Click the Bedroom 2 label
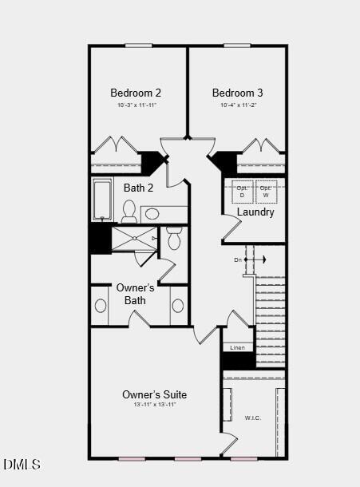pos(136,93)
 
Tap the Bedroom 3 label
pos(237,93)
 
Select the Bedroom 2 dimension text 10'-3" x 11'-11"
pos(136,105)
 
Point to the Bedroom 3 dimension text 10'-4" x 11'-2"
pos(237,105)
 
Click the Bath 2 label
pos(138,188)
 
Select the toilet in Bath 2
pos(129,210)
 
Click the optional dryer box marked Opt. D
pos(242,192)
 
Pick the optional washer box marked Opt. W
pos(265,192)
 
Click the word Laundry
pos(255,212)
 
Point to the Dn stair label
pos(238,260)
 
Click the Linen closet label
pos(237,348)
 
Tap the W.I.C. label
pos(252,418)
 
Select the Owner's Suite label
pos(154,394)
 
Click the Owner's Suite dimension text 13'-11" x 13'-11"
pos(154,405)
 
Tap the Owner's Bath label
pos(135,294)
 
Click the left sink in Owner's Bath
pos(101,306)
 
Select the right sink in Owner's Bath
pos(177,306)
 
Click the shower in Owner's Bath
pos(133,239)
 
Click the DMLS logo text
pos(22,464)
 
